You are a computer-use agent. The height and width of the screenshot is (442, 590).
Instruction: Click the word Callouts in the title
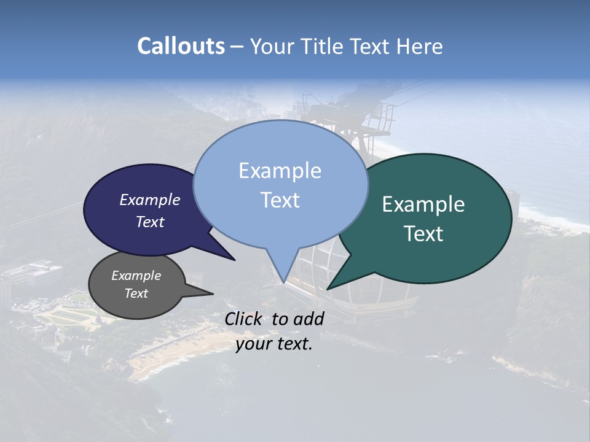point(181,46)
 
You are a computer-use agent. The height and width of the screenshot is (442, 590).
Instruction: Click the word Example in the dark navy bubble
point(150,200)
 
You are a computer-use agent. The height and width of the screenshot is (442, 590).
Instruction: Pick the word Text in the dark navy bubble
point(150,222)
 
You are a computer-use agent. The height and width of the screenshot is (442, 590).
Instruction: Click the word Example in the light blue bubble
point(280,171)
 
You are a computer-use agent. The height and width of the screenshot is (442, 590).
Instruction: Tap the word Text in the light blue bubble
point(280,200)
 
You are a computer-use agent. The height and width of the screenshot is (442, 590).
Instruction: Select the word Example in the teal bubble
point(423,204)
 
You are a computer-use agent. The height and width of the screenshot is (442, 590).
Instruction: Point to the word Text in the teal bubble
point(423,234)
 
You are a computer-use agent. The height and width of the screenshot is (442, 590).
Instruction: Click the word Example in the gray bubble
point(136,276)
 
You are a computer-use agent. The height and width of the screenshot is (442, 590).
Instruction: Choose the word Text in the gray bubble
point(136,293)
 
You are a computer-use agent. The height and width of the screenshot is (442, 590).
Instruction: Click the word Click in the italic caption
point(244,319)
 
